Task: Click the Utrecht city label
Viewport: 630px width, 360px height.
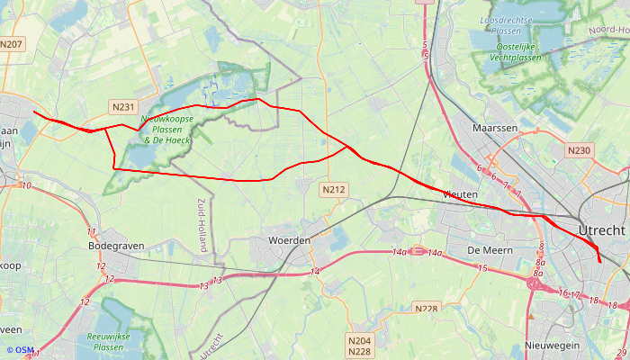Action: coord(602,230)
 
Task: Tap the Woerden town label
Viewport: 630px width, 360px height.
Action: coord(289,241)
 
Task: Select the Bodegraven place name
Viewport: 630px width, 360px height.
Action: coord(117,245)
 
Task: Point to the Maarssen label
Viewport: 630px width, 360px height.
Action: coord(495,129)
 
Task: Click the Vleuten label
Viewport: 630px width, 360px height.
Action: coord(462,194)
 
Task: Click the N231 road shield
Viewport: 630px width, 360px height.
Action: coord(123,107)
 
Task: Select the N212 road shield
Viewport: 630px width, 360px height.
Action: coord(333,190)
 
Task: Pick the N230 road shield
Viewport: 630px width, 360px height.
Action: coord(579,150)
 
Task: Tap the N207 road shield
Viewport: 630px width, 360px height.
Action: coord(12,44)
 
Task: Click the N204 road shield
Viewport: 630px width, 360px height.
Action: coord(359,340)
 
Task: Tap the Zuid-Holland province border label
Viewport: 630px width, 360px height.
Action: coord(202,224)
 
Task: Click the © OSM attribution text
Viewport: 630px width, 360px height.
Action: coord(20,350)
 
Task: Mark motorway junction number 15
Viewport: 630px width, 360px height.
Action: coord(481,268)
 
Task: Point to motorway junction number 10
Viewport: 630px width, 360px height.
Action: coord(26,186)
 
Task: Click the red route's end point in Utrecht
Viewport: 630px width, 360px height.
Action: coord(599,263)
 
